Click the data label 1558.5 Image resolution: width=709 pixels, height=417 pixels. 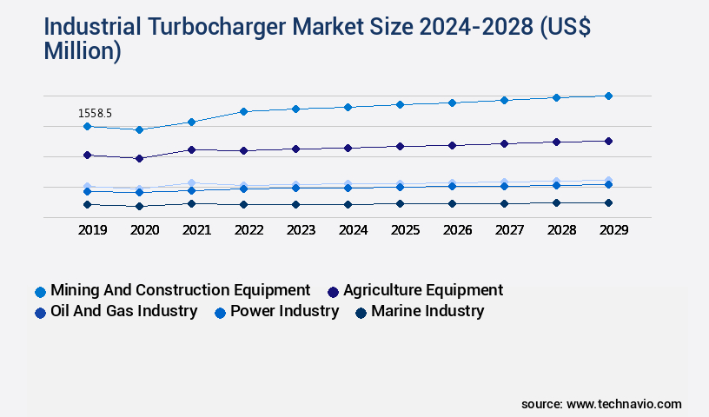[95, 113]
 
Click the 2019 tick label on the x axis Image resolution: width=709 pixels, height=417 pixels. [92, 230]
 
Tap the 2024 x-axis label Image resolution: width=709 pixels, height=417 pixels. [353, 230]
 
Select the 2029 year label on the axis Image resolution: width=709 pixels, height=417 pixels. [613, 230]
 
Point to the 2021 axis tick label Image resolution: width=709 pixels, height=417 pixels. [196, 230]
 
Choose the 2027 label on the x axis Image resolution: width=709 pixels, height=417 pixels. [509, 230]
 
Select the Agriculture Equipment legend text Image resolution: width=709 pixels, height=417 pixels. [422, 290]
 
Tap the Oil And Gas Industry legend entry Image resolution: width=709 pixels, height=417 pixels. [123, 311]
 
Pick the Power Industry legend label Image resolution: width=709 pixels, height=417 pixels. [284, 311]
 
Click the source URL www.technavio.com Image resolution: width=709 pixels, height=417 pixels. [624, 404]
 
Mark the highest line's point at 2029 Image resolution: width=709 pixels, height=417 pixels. [608, 96]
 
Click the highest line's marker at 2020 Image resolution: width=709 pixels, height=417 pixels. [139, 129]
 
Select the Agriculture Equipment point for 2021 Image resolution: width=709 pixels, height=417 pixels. [191, 149]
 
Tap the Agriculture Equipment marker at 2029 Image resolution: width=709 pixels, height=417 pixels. [608, 141]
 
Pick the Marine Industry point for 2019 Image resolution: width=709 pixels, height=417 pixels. [87, 204]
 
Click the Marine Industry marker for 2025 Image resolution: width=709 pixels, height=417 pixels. [400, 203]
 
